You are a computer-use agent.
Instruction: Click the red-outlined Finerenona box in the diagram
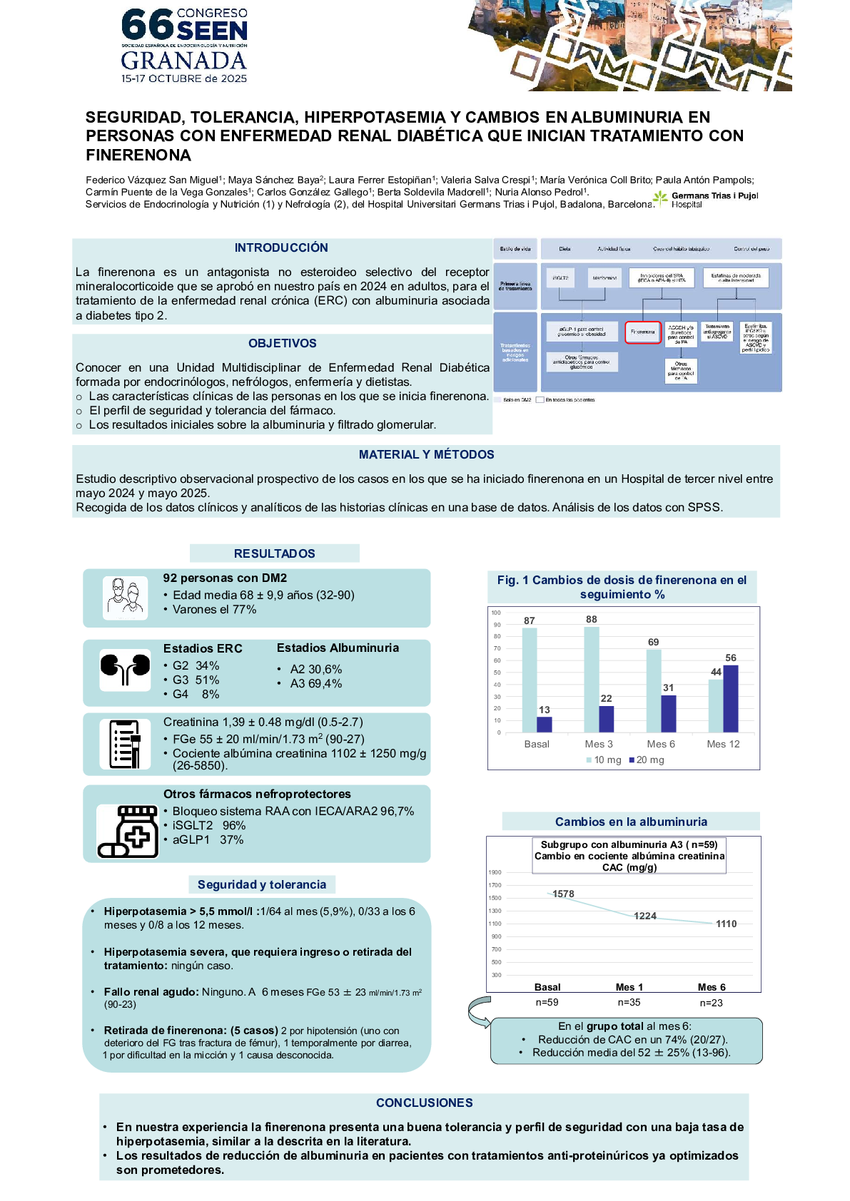pyautogui.click(x=643, y=332)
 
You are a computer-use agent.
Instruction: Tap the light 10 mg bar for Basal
pyautogui.click(x=529, y=680)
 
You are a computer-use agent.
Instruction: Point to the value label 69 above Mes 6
pyautogui.click(x=653, y=642)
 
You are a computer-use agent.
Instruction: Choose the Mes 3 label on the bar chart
pyautogui.click(x=599, y=744)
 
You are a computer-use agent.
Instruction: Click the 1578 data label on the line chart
pyautogui.click(x=563, y=894)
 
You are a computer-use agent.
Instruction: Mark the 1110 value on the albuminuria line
pyautogui.click(x=726, y=924)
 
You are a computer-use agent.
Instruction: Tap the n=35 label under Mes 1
pyautogui.click(x=629, y=1003)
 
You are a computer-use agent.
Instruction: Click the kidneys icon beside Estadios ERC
pyautogui.click(x=125, y=669)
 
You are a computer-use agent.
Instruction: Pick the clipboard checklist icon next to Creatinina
pyautogui.click(x=126, y=744)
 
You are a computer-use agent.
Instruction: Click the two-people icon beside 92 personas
pyautogui.click(x=125, y=598)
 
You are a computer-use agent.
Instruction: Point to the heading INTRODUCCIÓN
pyautogui.click(x=281, y=247)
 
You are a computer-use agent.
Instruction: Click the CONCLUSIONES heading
pyautogui.click(x=424, y=1103)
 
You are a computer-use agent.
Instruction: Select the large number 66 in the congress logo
pyautogui.click(x=147, y=25)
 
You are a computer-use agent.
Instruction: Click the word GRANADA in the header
pyautogui.click(x=183, y=61)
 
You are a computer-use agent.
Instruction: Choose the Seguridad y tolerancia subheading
pyautogui.click(x=262, y=884)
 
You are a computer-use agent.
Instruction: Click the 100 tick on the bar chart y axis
pyautogui.click(x=496, y=613)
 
